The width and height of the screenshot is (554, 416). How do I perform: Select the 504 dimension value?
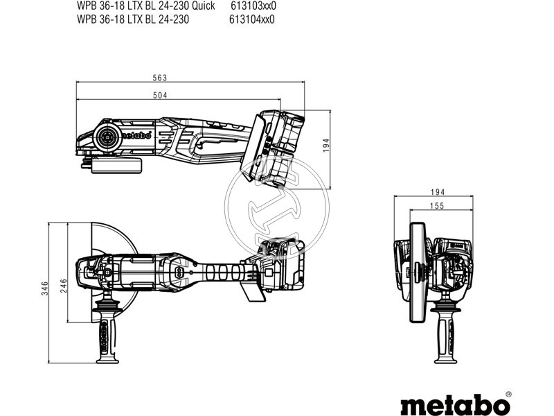(x=161, y=94)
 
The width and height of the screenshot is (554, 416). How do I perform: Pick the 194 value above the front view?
(x=436, y=191)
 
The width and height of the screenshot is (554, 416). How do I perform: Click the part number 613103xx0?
(x=253, y=6)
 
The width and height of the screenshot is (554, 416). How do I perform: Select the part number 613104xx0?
(x=252, y=19)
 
